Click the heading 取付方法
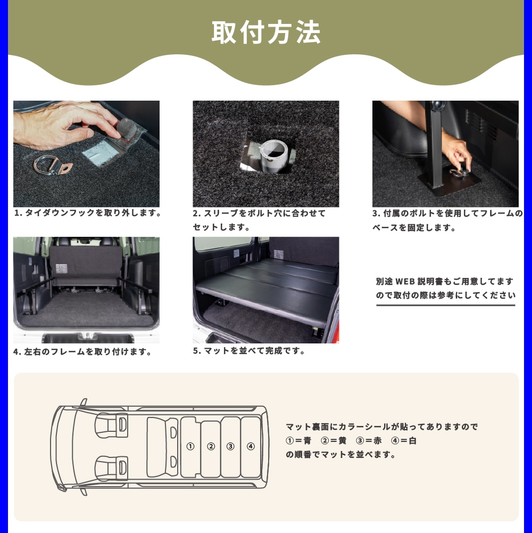pyautogui.click(x=266, y=32)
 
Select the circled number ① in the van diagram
pyautogui.click(x=190, y=446)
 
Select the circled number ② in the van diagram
pyautogui.click(x=211, y=446)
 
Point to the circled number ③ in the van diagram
pyautogui.click(x=230, y=446)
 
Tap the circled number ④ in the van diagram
pyautogui.click(x=251, y=446)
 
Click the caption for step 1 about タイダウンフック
pyautogui.click(x=88, y=213)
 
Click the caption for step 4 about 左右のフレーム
pyautogui.click(x=82, y=351)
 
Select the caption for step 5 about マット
pyautogui.click(x=248, y=350)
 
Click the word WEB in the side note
pyautogui.click(x=405, y=282)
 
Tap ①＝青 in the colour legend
pyautogui.click(x=298, y=440)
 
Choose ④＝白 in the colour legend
pyautogui.click(x=404, y=440)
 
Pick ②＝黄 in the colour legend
pyautogui.click(x=334, y=440)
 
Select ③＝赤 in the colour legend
pyautogui.click(x=369, y=440)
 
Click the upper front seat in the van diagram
pyautogui.click(x=111, y=425)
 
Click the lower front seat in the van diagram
pyautogui.click(x=111, y=468)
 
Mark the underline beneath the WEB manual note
pyautogui.click(x=446, y=305)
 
